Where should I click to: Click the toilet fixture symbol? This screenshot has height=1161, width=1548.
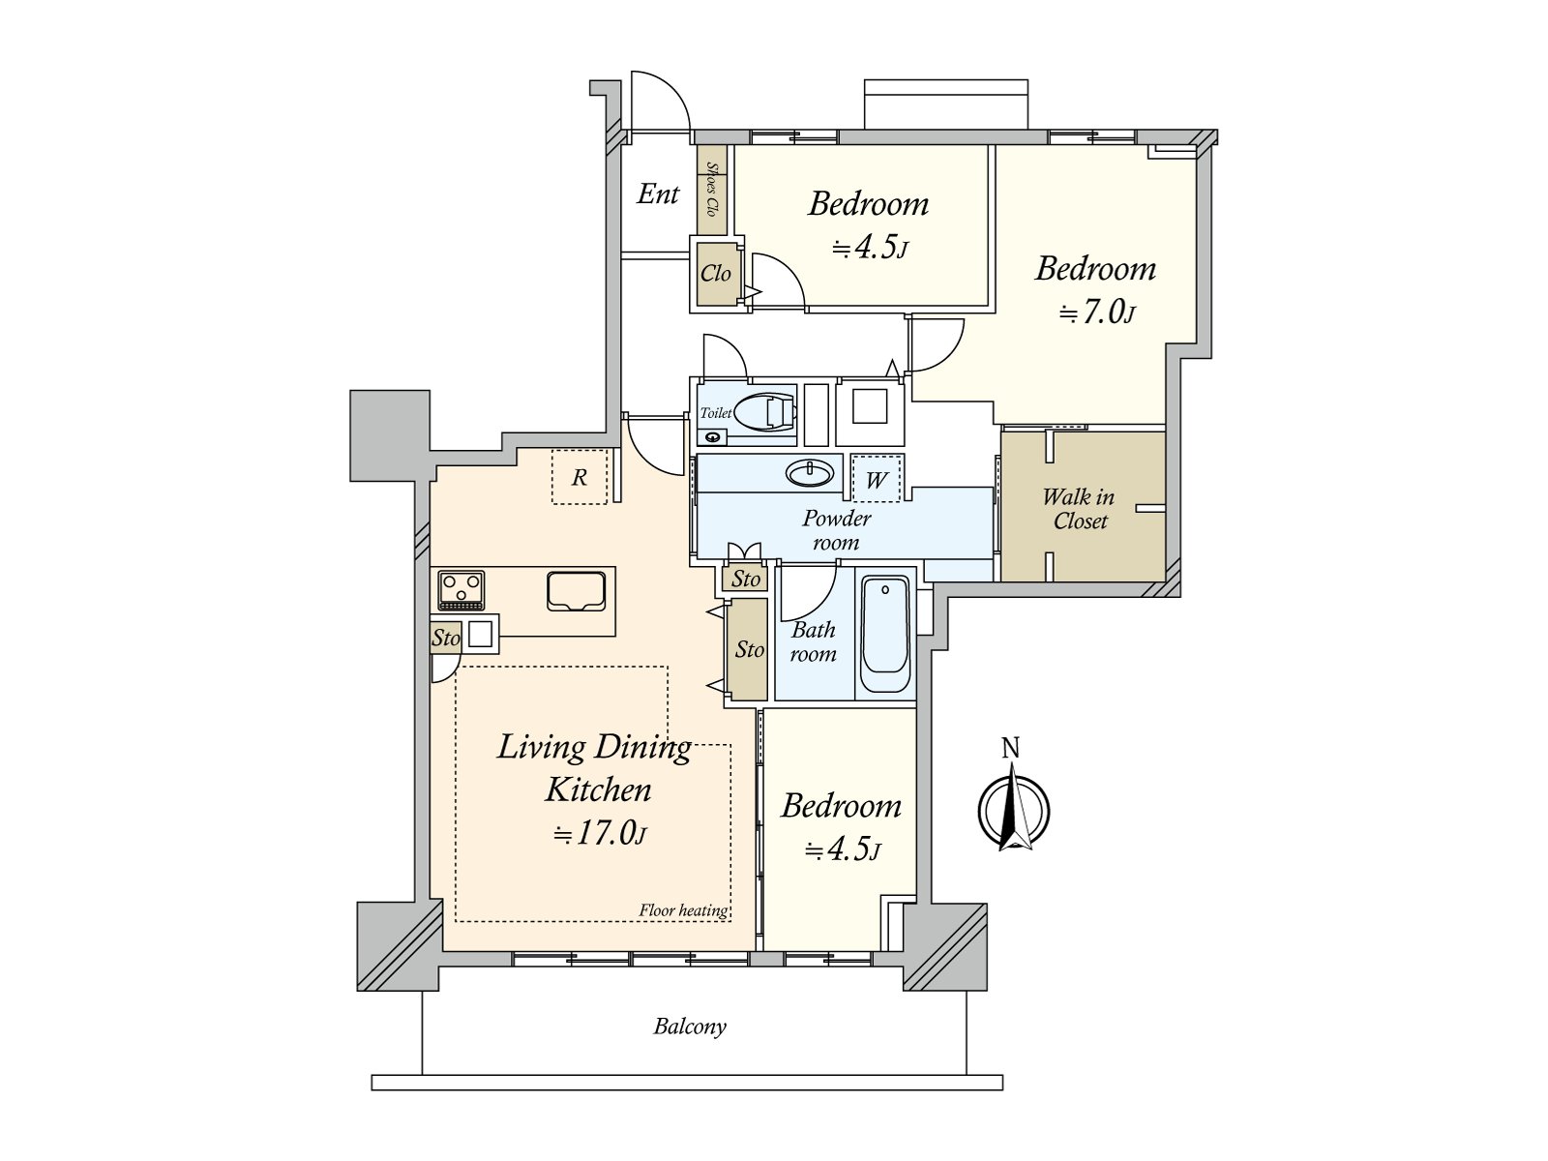point(766,410)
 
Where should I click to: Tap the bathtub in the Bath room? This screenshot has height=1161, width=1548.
point(885,635)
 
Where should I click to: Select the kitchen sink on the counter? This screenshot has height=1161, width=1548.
point(576,591)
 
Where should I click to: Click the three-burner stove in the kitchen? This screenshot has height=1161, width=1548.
point(461,589)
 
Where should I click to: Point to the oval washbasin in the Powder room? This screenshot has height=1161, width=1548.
point(811,473)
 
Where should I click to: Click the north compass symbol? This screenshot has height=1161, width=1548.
point(1013,804)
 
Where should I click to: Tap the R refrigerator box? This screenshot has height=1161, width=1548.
point(579,477)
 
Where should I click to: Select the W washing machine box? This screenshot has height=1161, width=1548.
point(876,479)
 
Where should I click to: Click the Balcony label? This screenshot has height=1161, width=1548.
point(690,1027)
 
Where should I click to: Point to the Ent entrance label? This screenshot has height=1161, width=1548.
point(658,193)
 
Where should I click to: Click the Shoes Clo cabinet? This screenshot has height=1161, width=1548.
point(712,190)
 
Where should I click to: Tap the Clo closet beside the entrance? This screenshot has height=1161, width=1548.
point(716,273)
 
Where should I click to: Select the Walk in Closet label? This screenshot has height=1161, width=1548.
point(1079,508)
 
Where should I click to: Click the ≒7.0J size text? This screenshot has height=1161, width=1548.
point(1097,313)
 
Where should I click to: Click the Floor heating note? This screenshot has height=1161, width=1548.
point(683,910)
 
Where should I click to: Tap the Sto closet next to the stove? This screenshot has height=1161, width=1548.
point(446,638)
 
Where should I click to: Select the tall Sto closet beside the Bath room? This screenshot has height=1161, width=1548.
point(748,649)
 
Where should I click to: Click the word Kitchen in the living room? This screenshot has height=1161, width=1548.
point(598,789)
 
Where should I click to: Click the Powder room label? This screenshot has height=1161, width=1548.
point(837,530)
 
